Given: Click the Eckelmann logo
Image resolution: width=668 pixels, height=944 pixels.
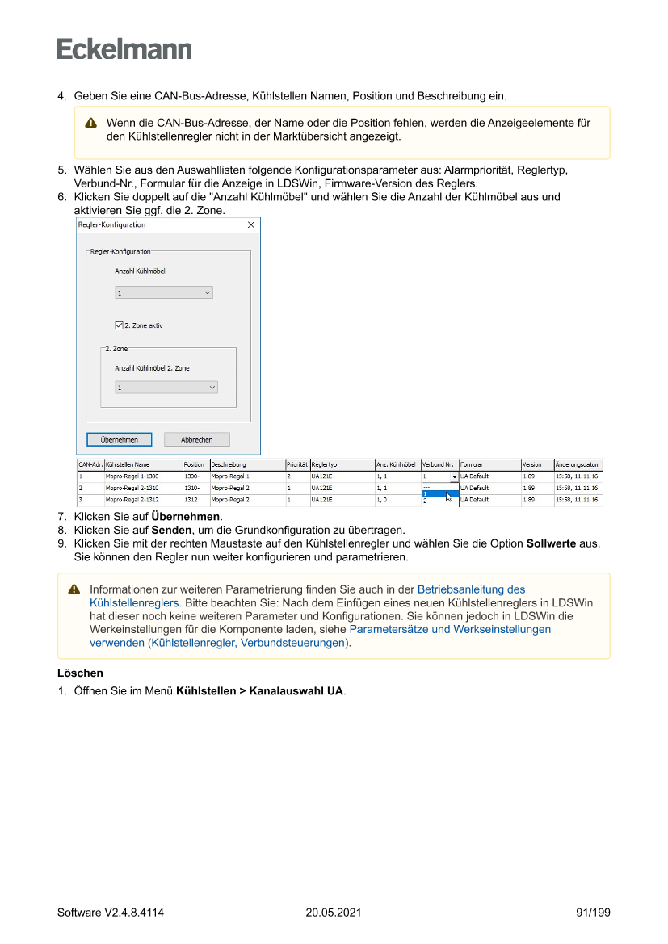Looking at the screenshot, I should point(124,49).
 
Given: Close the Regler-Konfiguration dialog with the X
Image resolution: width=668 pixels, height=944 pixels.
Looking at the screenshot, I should point(250,224).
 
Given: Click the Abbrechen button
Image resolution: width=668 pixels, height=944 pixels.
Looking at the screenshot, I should point(197,440).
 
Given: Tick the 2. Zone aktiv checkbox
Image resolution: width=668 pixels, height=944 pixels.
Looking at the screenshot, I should point(119,325).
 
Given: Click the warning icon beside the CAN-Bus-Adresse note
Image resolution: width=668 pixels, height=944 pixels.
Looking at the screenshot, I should point(91,124).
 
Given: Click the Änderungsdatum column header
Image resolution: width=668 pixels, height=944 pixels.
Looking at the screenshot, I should point(578,465).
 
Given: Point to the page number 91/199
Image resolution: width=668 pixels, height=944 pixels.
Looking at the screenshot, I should point(593,913).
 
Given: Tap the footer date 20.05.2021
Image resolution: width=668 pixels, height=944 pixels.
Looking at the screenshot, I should point(333,913).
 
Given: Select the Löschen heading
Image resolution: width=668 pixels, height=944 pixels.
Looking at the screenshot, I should point(80,673).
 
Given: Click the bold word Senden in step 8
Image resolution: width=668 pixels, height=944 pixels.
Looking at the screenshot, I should point(170,530).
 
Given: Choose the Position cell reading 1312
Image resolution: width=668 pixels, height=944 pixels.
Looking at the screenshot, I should point(191,500).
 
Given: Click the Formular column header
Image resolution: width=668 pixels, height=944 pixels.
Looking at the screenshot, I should point(473,465).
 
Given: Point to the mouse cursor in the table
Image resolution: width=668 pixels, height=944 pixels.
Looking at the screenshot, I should point(448,496).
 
